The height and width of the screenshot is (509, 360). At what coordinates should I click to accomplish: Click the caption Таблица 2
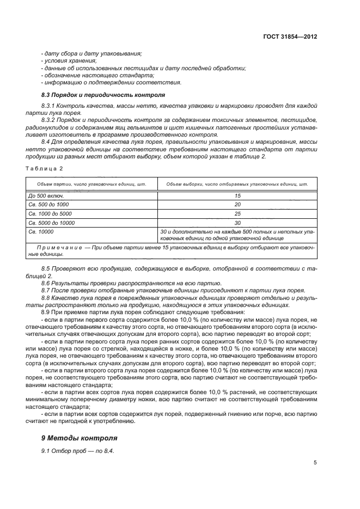point(45,168)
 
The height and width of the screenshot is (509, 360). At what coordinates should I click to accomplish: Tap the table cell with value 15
point(237,195)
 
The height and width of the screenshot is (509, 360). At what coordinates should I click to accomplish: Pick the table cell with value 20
point(237,204)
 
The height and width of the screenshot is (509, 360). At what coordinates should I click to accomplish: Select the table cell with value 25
point(237,213)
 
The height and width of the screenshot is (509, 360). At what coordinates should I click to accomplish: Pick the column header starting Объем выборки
point(237,184)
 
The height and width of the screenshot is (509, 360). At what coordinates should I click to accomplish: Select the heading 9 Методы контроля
point(79,438)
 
